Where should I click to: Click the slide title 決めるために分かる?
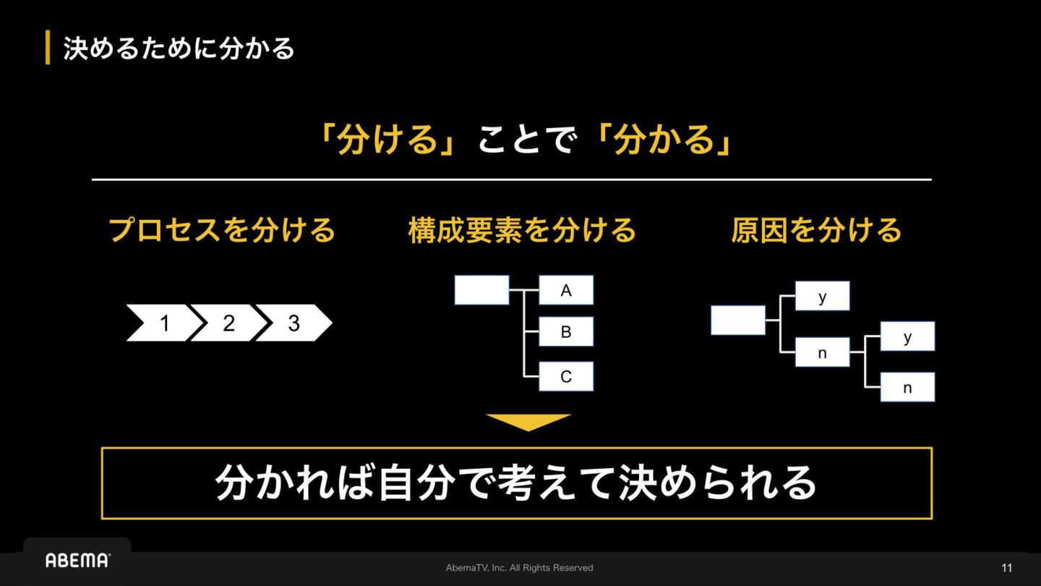point(179,48)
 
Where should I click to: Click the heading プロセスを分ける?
point(222,230)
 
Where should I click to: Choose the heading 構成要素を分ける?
point(522,230)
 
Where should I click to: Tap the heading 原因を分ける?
point(816,230)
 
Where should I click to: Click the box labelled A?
point(566,290)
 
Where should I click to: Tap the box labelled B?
point(566,331)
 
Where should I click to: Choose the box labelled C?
point(566,376)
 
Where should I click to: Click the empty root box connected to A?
point(481,290)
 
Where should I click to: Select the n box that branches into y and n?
point(822,352)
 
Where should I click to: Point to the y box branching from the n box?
point(907,336)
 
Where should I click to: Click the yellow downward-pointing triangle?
point(528,422)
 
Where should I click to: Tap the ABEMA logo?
point(77,560)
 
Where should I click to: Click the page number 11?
point(1007,568)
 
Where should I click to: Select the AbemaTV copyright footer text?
point(520,568)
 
